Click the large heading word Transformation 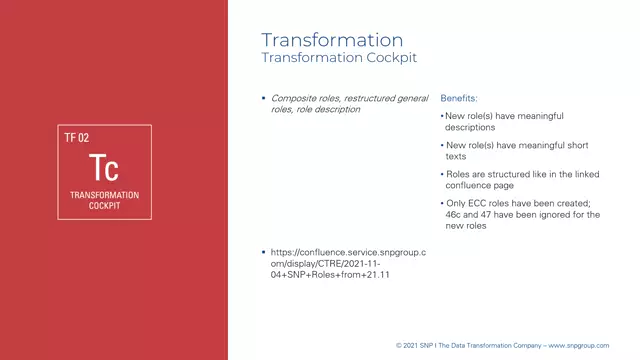click(332, 40)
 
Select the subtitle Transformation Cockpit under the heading click(339, 58)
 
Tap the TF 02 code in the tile click(77, 138)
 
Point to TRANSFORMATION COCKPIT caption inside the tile click(104, 199)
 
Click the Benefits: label click(459, 99)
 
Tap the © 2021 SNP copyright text click(417, 345)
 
